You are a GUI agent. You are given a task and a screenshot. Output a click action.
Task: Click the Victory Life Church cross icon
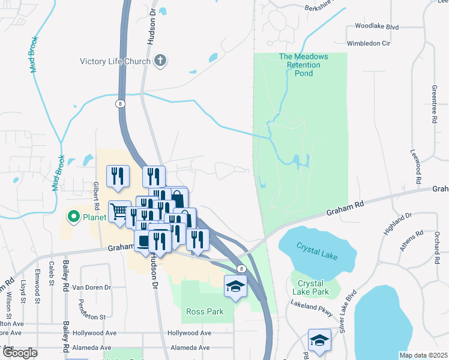[x=160, y=61]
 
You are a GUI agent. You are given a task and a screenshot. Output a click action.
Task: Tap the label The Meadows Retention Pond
[x=304, y=65]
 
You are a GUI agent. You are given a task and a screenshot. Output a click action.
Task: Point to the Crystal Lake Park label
[x=310, y=287]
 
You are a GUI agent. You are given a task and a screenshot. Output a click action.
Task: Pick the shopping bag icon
[x=178, y=198]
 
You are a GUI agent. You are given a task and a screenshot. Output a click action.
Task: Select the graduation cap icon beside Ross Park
[x=236, y=286]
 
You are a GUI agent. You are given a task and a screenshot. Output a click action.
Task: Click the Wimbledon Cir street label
[x=369, y=44]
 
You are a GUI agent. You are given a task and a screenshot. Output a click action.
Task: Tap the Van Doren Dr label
[x=92, y=287]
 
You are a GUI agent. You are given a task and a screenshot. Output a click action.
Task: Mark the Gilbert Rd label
[x=95, y=195]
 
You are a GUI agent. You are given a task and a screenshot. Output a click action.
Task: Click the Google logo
[x=20, y=353]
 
